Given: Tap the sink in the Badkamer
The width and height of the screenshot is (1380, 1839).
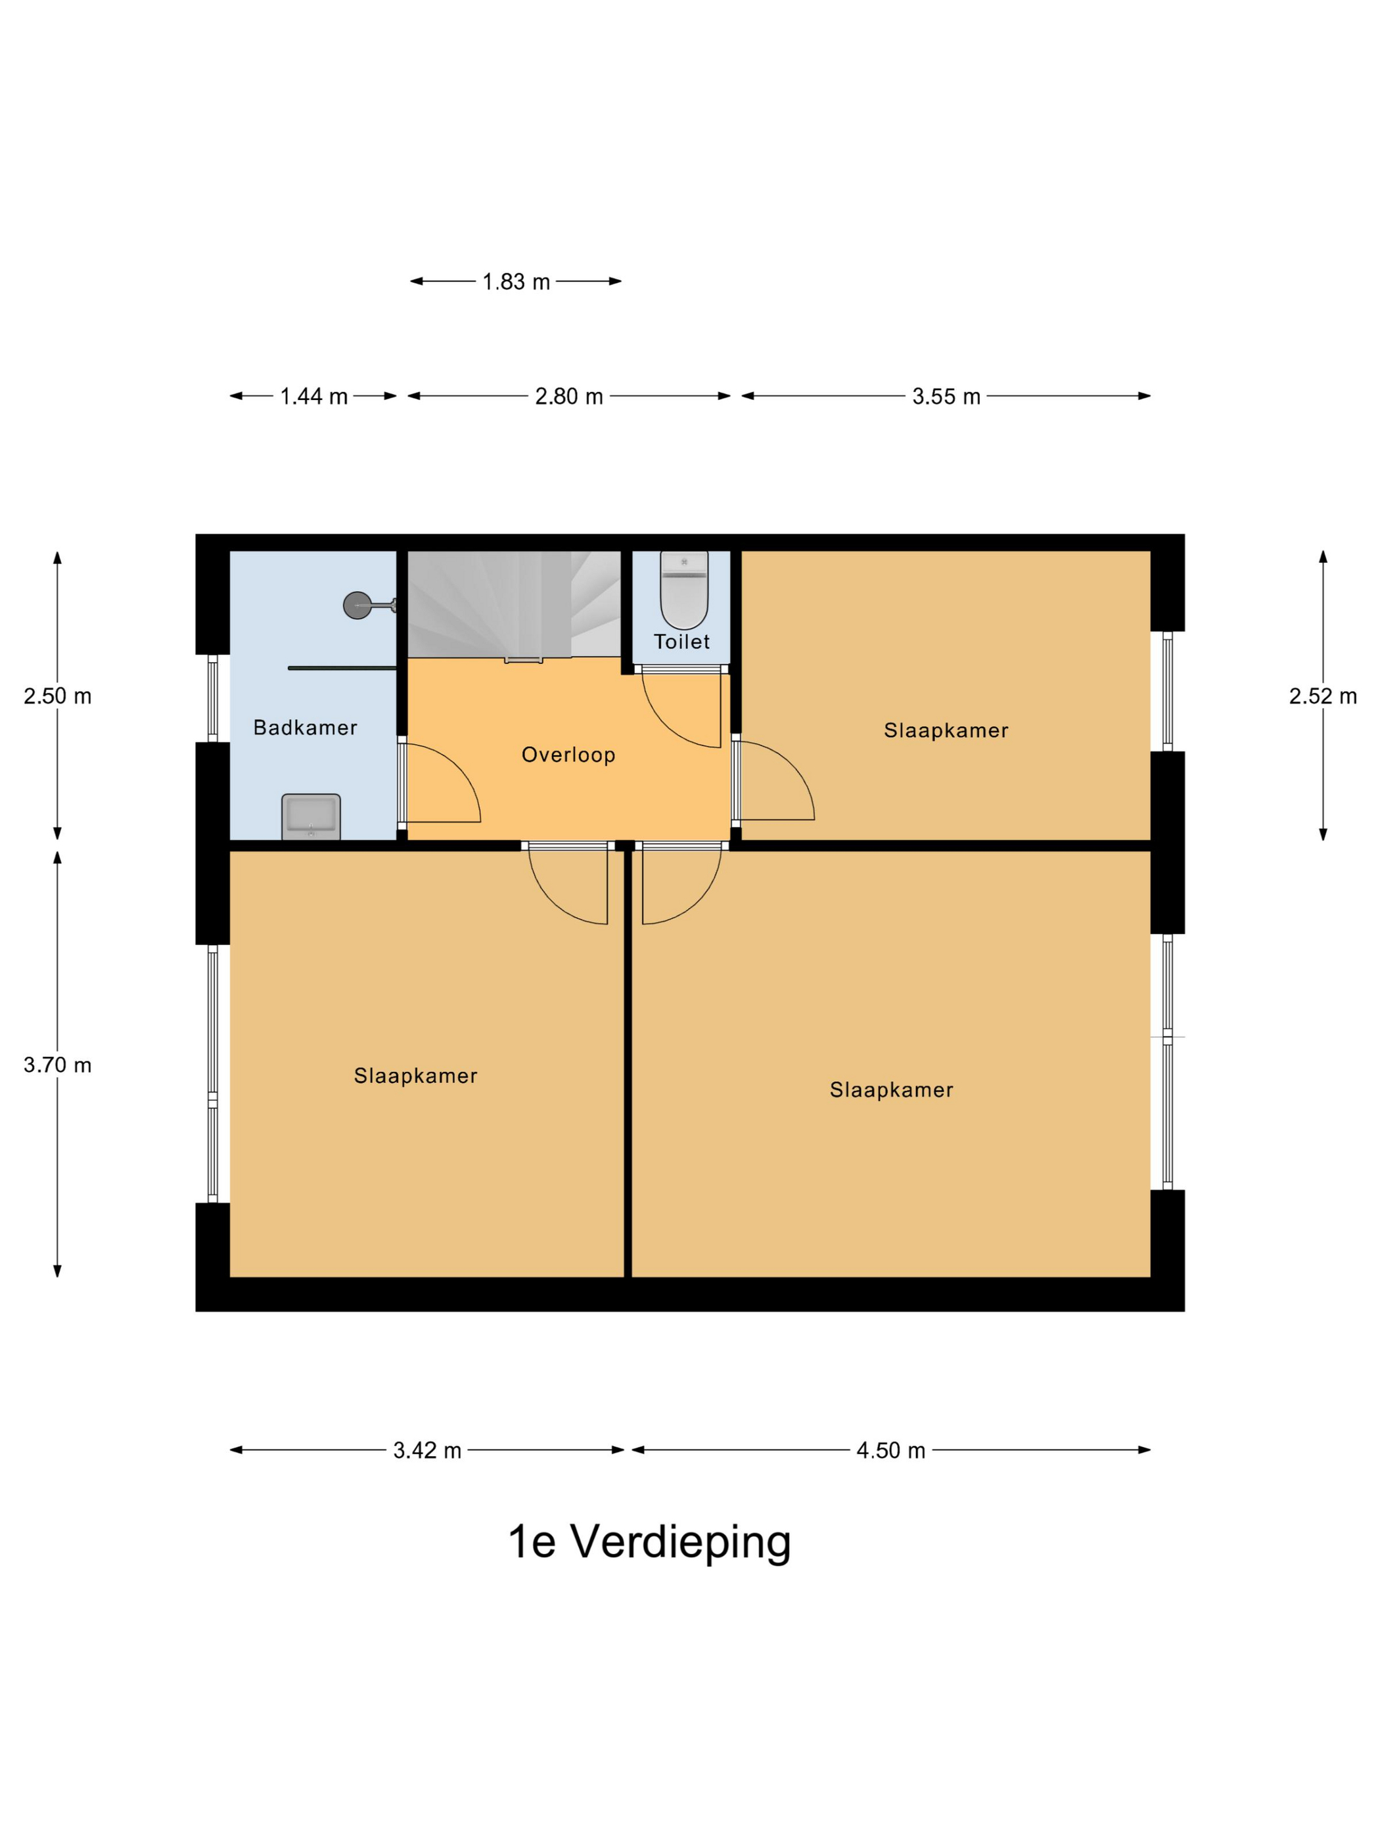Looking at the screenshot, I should coord(311,816).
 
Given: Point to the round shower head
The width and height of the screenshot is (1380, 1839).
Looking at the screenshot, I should coord(356,604).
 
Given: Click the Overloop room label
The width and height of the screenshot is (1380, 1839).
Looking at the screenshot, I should coord(568,755).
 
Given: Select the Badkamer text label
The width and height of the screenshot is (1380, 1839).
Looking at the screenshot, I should coord(306,728).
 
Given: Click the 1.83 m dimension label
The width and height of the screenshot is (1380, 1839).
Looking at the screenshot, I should coord(516,282).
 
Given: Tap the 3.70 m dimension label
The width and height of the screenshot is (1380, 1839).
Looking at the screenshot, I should coord(57,1065).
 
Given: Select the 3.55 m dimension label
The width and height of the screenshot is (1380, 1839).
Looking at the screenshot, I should coord(946,397).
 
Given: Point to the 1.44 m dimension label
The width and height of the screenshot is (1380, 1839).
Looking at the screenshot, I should coord(313,397).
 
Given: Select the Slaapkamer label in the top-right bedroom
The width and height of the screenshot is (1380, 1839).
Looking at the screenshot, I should coord(946,731).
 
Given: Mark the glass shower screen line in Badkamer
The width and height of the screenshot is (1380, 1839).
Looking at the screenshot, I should coord(341,667).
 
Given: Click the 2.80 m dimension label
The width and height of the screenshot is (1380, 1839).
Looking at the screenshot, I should coord(569,397).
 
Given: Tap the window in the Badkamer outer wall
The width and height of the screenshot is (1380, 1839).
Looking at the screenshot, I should coord(213,698).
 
